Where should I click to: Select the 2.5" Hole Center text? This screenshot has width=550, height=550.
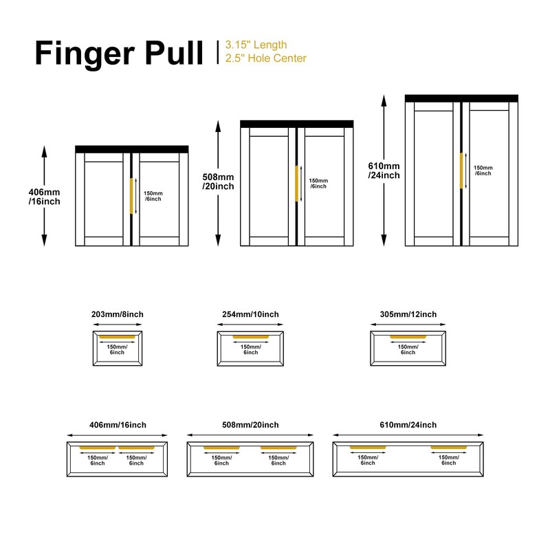pyautogui.click(x=265, y=58)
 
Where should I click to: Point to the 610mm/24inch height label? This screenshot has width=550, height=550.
pyautogui.click(x=384, y=170)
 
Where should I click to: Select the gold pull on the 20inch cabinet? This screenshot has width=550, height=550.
pyautogui.click(x=296, y=183)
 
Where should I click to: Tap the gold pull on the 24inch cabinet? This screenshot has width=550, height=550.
pyautogui.click(x=462, y=170)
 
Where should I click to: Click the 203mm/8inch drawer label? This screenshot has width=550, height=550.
pyautogui.click(x=117, y=314)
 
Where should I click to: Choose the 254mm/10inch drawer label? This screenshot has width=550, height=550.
pyautogui.click(x=251, y=314)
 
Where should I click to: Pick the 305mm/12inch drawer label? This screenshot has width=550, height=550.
pyautogui.click(x=408, y=314)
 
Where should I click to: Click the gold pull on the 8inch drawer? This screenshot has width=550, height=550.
pyautogui.click(x=117, y=337)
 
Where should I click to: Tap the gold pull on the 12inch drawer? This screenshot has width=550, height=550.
pyautogui.click(x=408, y=337)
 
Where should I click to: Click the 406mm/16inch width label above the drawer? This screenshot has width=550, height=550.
pyautogui.click(x=118, y=425)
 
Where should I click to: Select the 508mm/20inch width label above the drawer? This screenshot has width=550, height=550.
pyautogui.click(x=251, y=425)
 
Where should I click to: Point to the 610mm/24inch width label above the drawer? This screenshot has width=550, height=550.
pyautogui.click(x=408, y=425)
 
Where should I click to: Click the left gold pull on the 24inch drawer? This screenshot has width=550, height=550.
pyautogui.click(x=368, y=448)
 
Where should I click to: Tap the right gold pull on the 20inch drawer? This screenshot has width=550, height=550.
pyautogui.click(x=278, y=449)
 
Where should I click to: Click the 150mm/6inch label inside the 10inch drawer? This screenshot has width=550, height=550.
pyautogui.click(x=251, y=349)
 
